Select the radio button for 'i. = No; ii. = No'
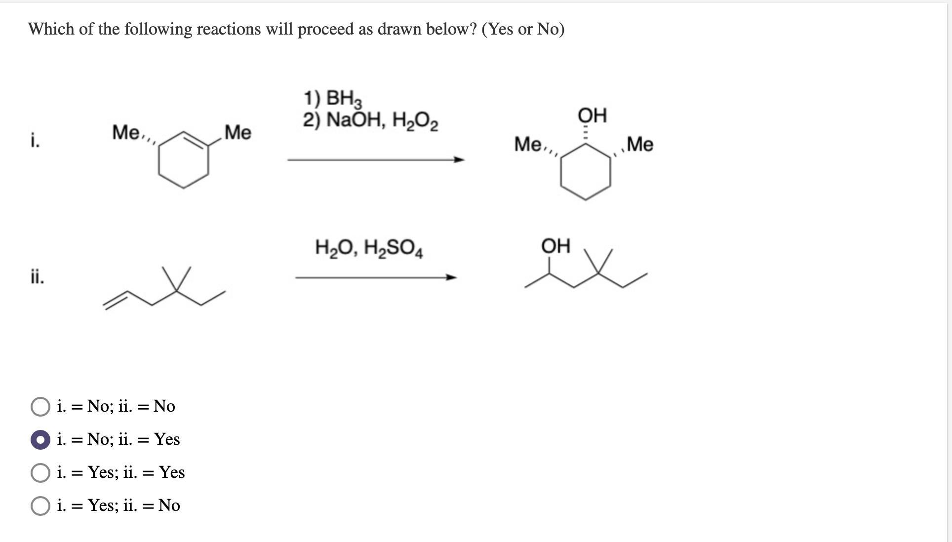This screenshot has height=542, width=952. [x=40, y=407]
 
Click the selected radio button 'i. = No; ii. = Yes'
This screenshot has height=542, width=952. [x=40, y=440]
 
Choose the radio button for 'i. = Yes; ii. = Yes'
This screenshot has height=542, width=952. [x=40, y=473]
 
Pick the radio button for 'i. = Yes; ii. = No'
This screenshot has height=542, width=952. [x=40, y=506]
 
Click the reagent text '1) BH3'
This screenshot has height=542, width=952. [x=332, y=98]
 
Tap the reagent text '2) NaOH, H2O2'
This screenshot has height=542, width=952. [x=370, y=120]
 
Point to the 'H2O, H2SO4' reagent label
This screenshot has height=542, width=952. [x=369, y=248]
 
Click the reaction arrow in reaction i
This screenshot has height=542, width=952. [x=375, y=159]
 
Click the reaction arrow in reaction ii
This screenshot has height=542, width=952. [x=375, y=277]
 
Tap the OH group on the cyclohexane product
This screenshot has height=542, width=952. [x=592, y=116]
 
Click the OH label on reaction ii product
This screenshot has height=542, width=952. [x=555, y=246]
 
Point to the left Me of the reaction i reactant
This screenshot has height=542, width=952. [x=126, y=132]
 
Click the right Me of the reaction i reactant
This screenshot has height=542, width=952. [x=238, y=132]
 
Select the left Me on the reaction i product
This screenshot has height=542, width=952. [x=528, y=144]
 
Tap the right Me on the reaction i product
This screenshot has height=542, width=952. [x=640, y=144]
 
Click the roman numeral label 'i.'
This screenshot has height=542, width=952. [x=35, y=141]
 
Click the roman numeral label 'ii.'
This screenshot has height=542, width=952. [x=37, y=277]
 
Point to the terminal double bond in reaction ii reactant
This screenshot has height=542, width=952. [x=116, y=300]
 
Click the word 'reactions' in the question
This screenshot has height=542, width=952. [x=229, y=29]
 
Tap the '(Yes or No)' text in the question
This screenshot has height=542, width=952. [x=523, y=29]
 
